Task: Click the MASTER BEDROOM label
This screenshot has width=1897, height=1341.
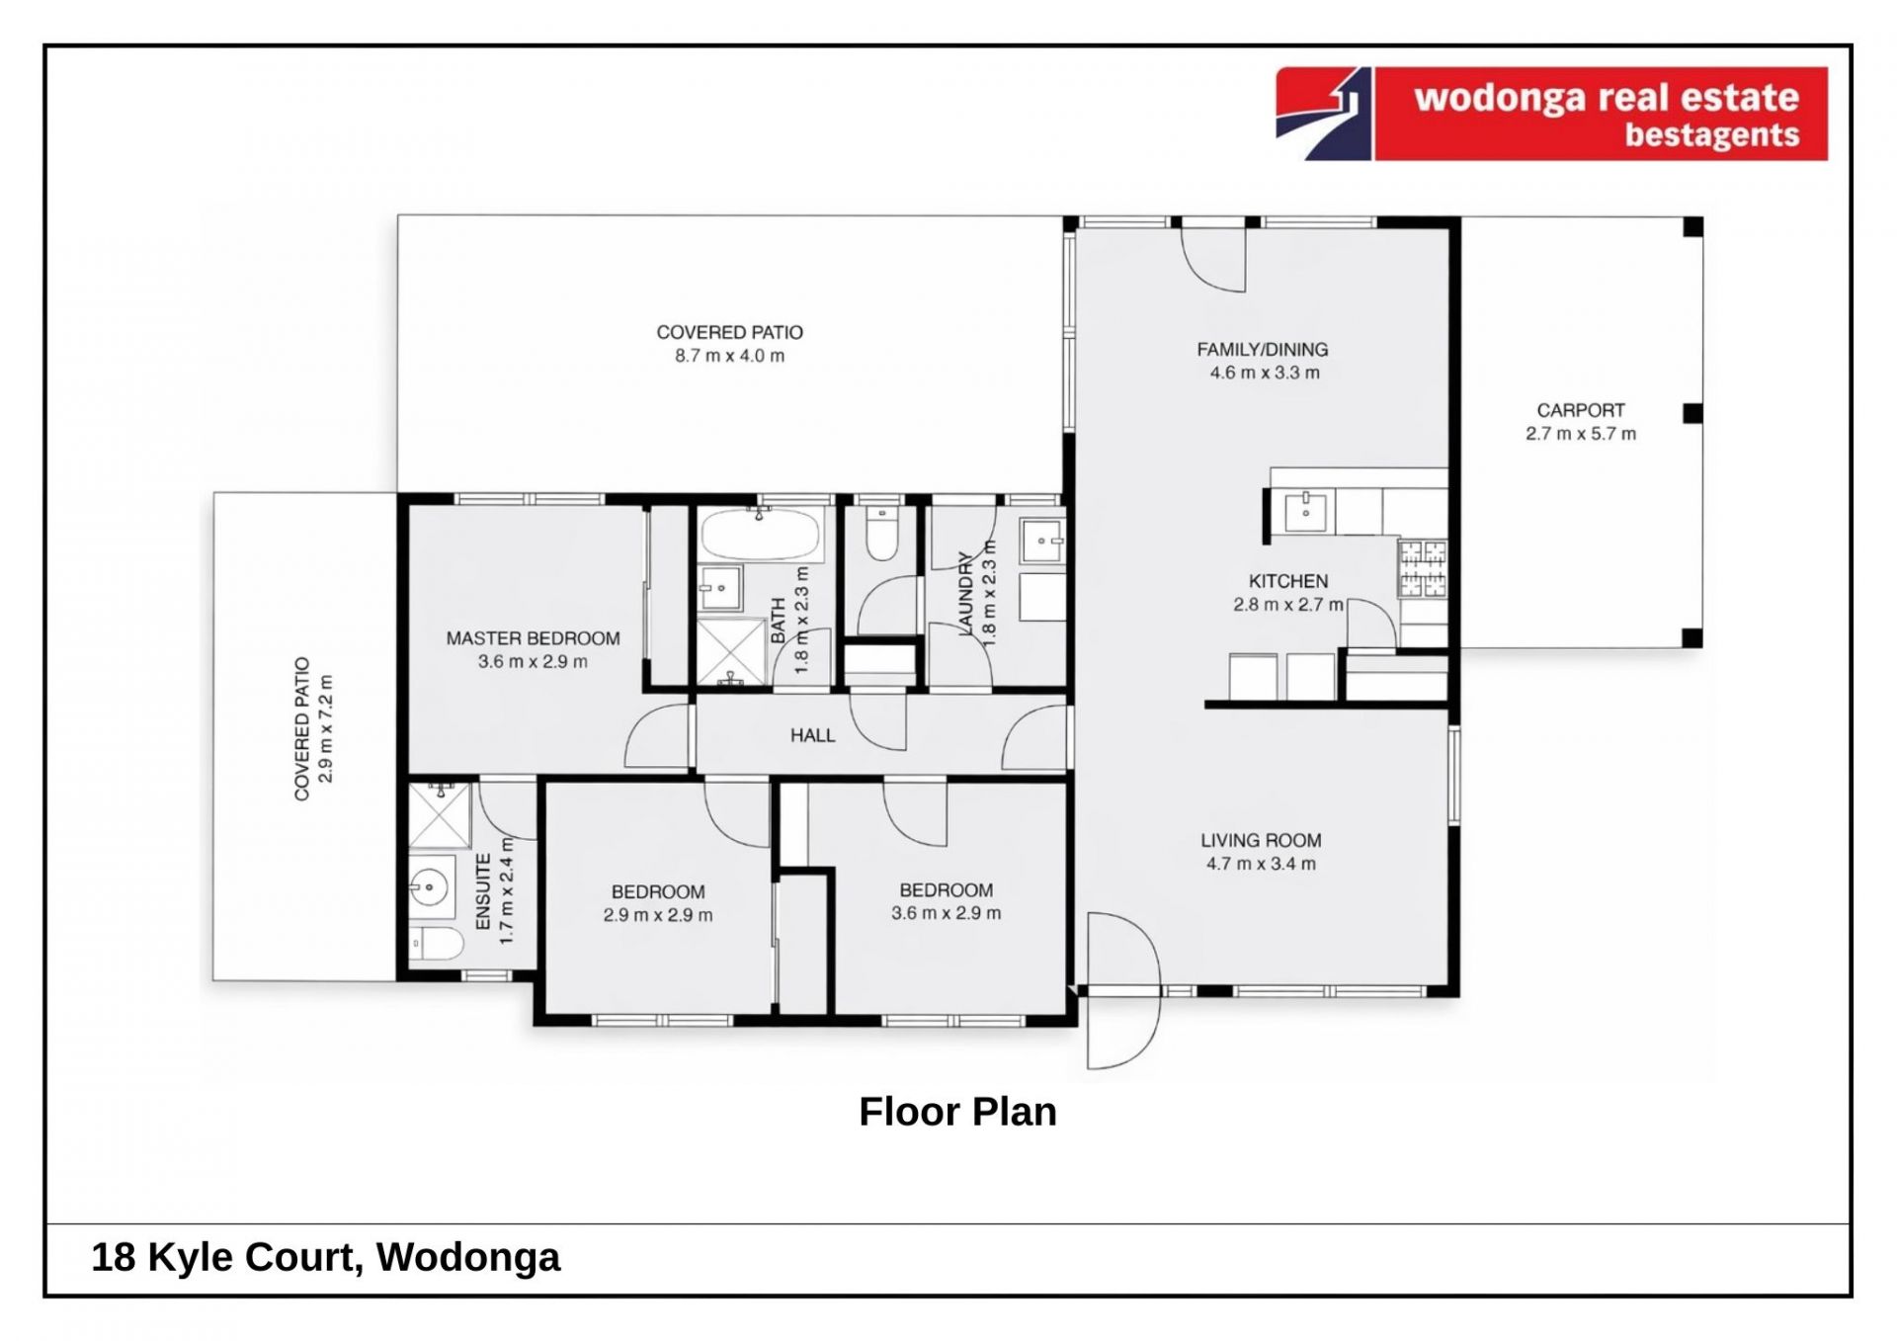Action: tap(533, 638)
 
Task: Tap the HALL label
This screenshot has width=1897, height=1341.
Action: tap(812, 735)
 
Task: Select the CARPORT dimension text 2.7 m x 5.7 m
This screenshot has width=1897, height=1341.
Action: tap(1581, 434)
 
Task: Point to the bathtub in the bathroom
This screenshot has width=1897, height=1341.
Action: tap(760, 535)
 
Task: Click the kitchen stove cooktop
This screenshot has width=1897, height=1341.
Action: tap(1423, 568)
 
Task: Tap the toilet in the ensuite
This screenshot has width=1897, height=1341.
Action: tap(436, 944)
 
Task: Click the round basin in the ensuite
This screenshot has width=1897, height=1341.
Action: tap(430, 887)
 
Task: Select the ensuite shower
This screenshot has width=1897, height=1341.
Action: tap(440, 815)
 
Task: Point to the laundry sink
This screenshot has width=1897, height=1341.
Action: tap(1042, 541)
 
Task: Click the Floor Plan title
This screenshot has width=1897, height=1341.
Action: tap(957, 1112)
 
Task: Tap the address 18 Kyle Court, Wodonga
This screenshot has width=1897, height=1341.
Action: tap(325, 1257)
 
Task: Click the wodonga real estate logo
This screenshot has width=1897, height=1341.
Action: tap(1551, 114)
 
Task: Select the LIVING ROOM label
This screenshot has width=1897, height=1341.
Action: tap(1261, 841)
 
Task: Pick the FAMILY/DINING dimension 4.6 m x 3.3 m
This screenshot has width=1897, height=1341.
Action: tap(1265, 373)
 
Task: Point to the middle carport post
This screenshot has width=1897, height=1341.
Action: tap(1692, 413)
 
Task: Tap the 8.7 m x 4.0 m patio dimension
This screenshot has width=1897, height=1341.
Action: tap(729, 356)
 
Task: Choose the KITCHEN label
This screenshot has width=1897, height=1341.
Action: tap(1288, 581)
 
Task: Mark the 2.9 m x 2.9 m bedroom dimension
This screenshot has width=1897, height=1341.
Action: tap(658, 915)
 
